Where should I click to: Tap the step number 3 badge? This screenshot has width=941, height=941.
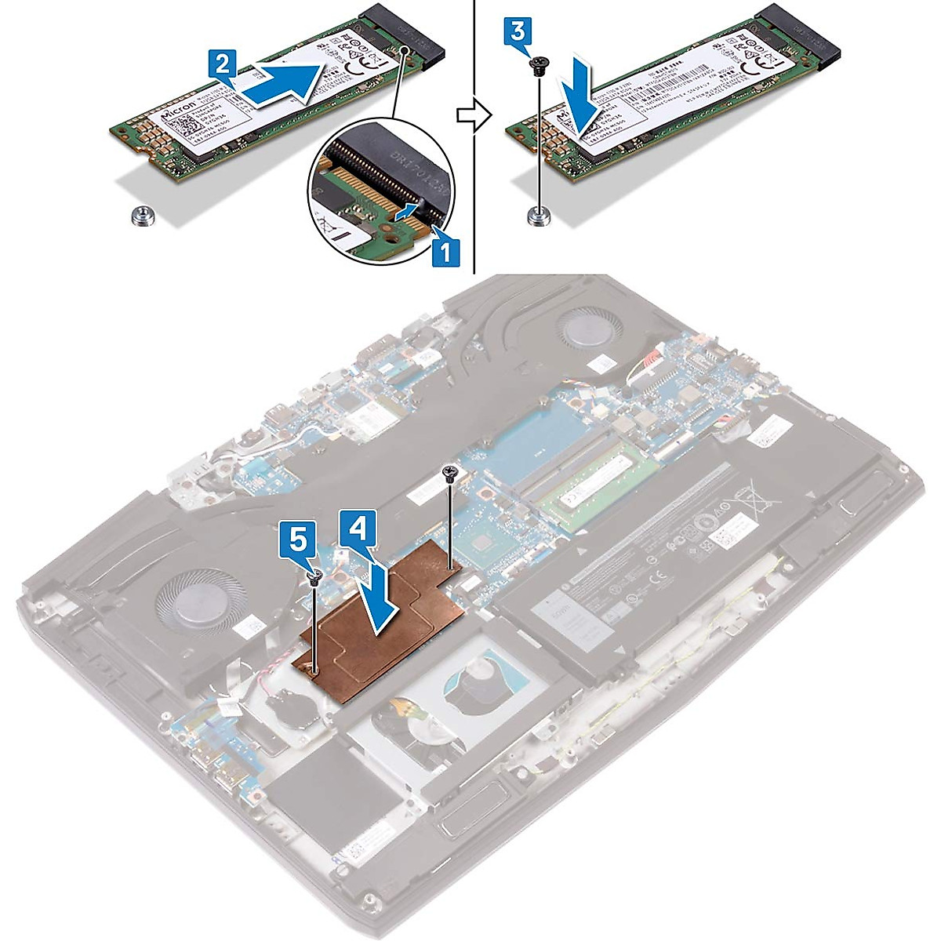(x=518, y=32)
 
